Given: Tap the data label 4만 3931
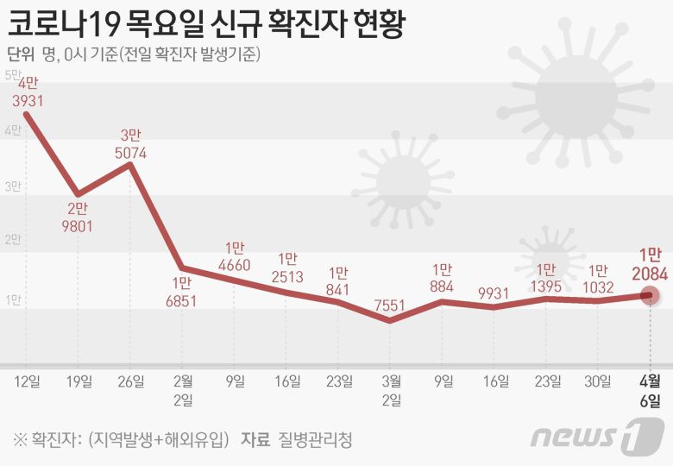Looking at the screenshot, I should coord(28,92).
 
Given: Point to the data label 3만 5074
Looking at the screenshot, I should coord(131,144).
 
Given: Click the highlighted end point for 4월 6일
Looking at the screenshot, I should coord(651,295).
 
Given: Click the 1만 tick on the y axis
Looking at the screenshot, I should coord(14,299).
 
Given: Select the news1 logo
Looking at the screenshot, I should coord(597,435).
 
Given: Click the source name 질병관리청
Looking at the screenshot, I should coord(316,438).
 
